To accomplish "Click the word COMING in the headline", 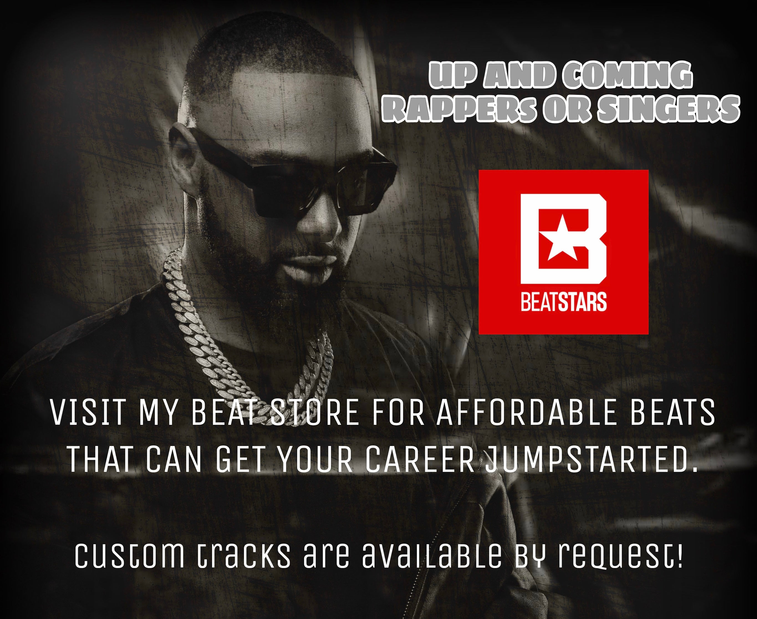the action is point(627,76).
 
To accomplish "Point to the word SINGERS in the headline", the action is point(668,108).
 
